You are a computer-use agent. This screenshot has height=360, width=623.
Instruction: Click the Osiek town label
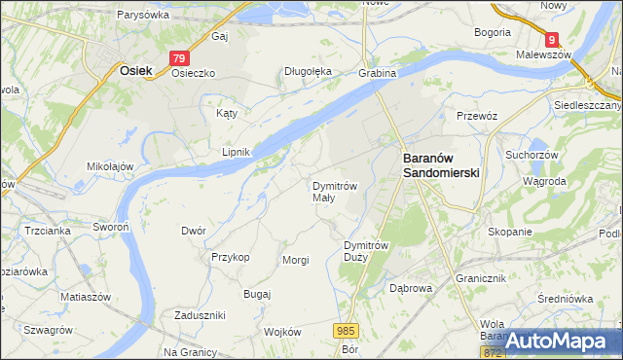(134, 70)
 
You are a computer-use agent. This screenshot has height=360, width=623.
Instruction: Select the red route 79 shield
(178, 58)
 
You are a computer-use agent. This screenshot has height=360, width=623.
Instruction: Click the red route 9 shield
(552, 39)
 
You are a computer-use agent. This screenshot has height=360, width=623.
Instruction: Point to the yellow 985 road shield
(346, 332)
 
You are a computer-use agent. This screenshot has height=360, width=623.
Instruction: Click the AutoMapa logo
(563, 341)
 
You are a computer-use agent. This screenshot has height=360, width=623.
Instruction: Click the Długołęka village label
(308, 71)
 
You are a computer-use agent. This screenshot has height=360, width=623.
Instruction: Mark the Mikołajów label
(110, 166)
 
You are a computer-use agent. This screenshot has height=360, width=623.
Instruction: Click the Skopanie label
(511, 232)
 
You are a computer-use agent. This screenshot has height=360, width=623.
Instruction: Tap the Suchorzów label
(530, 154)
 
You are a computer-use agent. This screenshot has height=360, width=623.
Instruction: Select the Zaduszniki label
(200, 315)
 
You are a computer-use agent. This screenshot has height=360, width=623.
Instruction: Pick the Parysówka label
(143, 15)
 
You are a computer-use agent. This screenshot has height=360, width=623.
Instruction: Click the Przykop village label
(231, 257)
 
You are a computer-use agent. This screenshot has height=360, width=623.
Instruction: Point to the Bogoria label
(493, 32)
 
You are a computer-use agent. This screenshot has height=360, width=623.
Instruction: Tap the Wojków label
(283, 332)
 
